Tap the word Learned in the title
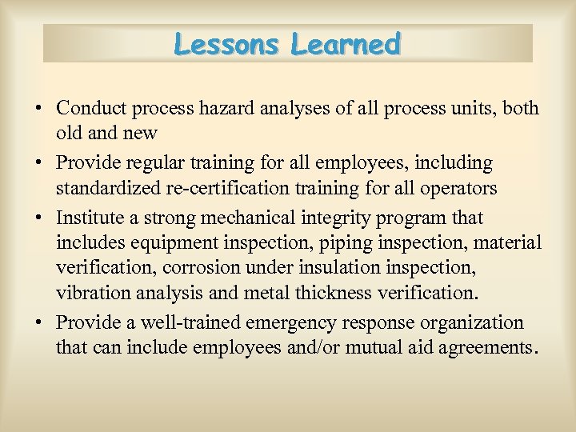[346, 44]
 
